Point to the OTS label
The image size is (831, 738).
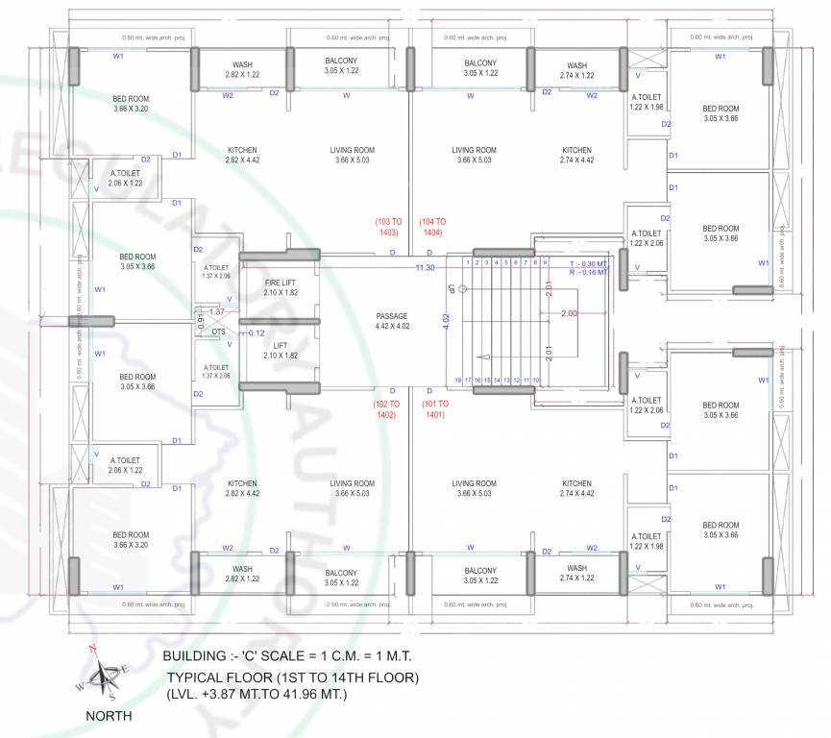(219, 332)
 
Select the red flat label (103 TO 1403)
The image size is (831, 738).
(388, 227)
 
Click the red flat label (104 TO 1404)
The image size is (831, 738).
(431, 227)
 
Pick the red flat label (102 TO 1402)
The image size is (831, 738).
(387, 409)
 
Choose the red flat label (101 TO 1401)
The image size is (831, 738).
(433, 409)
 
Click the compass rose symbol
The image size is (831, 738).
(102, 675)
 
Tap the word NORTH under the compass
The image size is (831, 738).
(109, 716)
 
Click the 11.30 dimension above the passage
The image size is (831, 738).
(425, 268)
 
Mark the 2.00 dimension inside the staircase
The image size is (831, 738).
(569, 314)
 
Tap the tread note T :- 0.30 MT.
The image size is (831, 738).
(588, 263)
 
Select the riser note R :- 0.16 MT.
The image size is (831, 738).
(588, 273)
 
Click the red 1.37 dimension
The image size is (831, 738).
(216, 311)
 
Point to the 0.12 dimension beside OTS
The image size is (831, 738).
(257, 333)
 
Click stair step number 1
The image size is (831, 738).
(467, 262)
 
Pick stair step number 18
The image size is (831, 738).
(458, 381)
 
